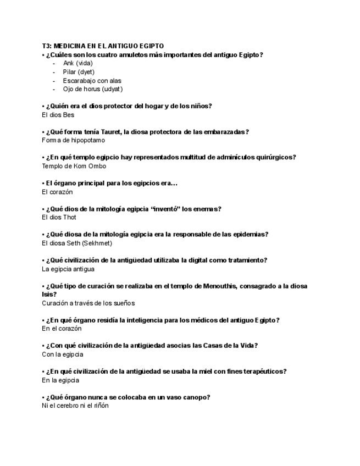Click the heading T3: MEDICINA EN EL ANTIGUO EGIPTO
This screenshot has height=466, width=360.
point(103,46)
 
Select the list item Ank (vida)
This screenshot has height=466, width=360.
point(77,63)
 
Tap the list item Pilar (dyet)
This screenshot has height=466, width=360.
point(79,72)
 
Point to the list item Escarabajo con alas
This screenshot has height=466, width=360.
point(92,81)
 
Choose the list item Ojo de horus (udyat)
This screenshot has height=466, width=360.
point(92,89)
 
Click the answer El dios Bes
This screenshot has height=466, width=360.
point(58,115)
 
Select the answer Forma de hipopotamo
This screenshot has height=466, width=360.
point(73,141)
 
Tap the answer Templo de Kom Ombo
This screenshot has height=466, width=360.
point(74,166)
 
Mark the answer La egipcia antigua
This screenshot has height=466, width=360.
point(68,269)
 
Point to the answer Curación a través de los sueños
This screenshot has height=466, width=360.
point(88,303)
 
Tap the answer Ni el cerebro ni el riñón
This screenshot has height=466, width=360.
point(75,406)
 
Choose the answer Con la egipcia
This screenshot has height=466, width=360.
point(63,354)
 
